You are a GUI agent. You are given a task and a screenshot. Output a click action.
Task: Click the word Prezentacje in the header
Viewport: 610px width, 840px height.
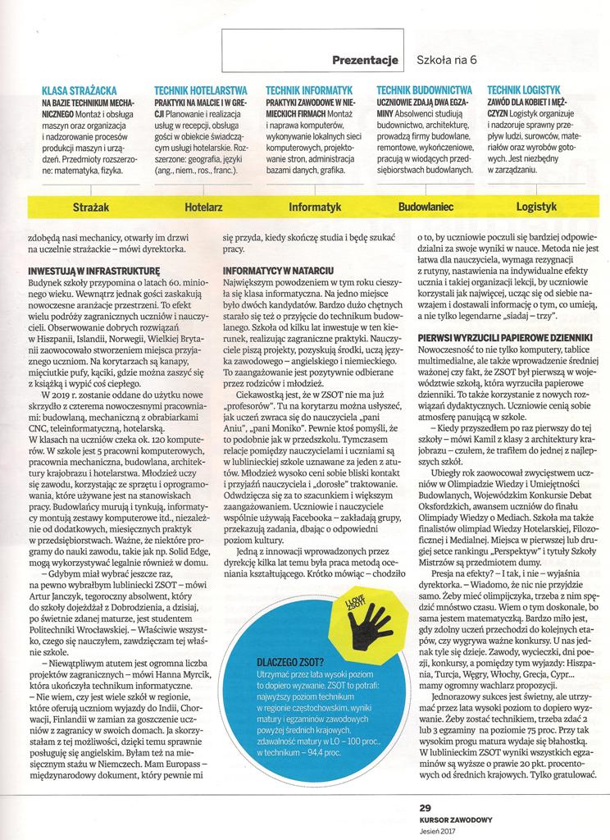pyautogui.click(x=366, y=58)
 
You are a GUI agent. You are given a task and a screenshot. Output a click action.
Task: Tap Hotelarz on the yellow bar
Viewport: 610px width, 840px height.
pyautogui.click(x=204, y=208)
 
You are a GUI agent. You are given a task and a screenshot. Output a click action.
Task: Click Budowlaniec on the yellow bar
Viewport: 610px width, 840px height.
pyautogui.click(x=426, y=208)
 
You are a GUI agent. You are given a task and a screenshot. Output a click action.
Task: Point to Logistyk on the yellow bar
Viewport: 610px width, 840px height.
pyautogui.click(x=537, y=208)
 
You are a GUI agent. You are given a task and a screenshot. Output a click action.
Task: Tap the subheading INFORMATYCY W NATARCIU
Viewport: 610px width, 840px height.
pyautogui.click(x=277, y=268)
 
